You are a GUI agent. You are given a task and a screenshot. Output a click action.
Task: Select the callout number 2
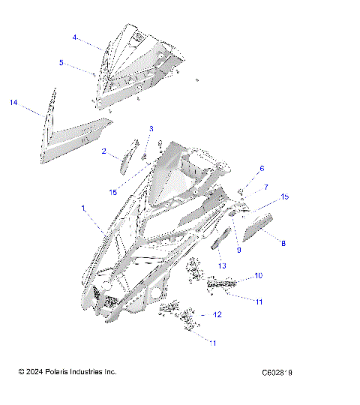(104, 151)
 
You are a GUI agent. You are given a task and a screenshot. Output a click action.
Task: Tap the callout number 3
(151, 129)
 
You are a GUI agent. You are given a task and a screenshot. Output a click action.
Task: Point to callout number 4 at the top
(75, 37)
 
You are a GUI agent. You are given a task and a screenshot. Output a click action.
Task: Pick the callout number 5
(61, 63)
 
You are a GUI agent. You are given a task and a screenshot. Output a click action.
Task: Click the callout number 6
(262, 169)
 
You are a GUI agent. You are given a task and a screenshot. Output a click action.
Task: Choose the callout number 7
(265, 185)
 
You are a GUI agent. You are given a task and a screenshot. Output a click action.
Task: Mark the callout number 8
(283, 243)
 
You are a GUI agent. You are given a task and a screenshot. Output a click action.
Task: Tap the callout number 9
(239, 249)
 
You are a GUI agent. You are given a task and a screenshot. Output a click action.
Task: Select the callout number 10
(258, 276)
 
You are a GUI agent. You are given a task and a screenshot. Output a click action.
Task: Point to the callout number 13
(222, 265)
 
